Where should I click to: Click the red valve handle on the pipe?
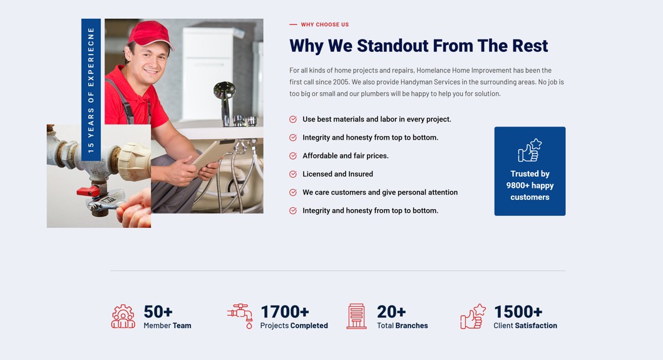(88, 191)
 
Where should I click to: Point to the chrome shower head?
(224, 91)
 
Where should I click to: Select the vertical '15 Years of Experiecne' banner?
(91, 90)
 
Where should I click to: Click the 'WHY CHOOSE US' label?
(325, 24)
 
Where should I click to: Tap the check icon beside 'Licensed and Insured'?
(293, 174)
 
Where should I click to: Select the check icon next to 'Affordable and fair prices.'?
(293, 156)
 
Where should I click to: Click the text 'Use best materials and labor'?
(351, 120)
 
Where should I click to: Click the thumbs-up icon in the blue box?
(530, 150)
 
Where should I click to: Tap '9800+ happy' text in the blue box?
(530, 185)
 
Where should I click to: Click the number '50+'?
(158, 312)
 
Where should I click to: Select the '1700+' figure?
(285, 312)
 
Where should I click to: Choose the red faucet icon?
(240, 316)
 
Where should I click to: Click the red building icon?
(356, 316)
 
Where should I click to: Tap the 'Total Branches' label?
(403, 326)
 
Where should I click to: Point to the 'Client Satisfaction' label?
(525, 326)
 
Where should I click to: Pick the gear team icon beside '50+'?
(123, 316)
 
